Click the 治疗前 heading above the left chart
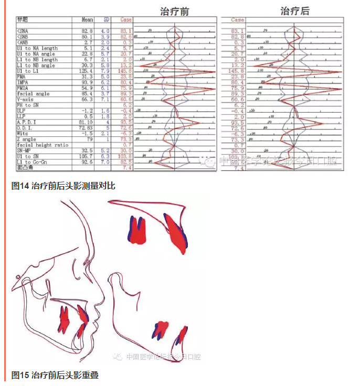175,10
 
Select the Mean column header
87,20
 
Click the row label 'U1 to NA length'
37,48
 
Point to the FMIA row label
24,88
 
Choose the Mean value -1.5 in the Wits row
87,134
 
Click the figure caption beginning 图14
63,186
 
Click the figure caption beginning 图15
55,375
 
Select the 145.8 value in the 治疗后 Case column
238,71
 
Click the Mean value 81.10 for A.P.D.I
86,122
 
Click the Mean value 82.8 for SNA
87,31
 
